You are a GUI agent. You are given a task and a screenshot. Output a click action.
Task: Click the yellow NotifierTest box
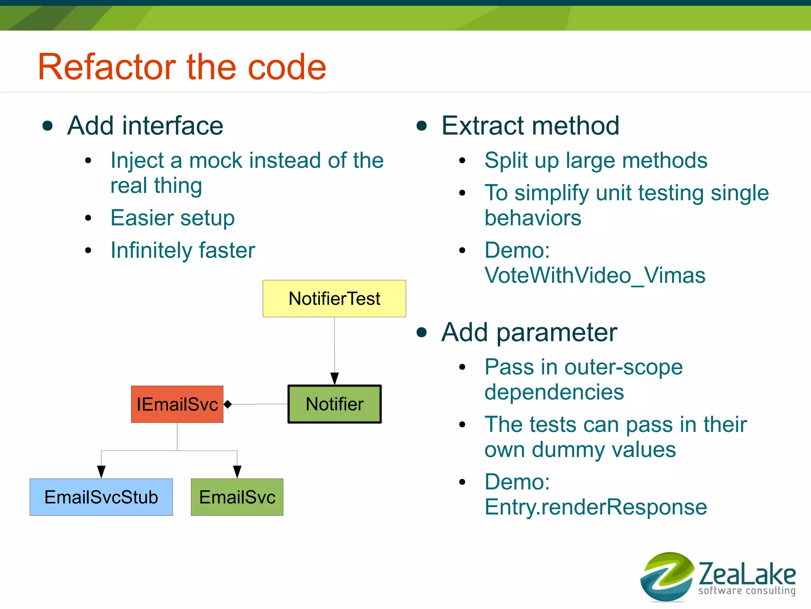(334, 298)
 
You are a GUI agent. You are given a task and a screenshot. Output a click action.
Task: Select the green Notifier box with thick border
(334, 404)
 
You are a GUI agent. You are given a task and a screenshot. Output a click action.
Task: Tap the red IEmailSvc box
(177, 404)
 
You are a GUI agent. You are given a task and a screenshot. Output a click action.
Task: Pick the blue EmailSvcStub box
(101, 497)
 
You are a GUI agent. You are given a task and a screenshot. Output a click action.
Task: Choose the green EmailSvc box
(237, 497)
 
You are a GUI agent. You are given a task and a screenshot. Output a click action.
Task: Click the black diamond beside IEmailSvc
(228, 404)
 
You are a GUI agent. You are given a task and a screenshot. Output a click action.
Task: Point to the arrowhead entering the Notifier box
(335, 379)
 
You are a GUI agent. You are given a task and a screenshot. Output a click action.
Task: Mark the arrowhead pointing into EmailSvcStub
(101, 472)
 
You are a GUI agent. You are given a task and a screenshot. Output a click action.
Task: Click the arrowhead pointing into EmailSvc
(237, 472)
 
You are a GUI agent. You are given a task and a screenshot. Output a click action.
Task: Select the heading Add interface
(145, 126)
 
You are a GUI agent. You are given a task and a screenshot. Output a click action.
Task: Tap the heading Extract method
(530, 126)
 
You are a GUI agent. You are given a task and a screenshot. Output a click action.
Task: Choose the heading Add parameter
(529, 332)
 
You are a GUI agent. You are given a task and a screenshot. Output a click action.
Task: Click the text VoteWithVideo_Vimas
(595, 275)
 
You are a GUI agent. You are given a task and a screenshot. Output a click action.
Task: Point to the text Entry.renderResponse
(596, 507)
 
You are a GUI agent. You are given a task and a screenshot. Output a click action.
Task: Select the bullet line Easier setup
(173, 218)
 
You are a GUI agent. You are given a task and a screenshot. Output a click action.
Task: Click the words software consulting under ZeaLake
(747, 591)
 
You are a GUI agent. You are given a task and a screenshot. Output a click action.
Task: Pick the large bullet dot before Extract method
(422, 126)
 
